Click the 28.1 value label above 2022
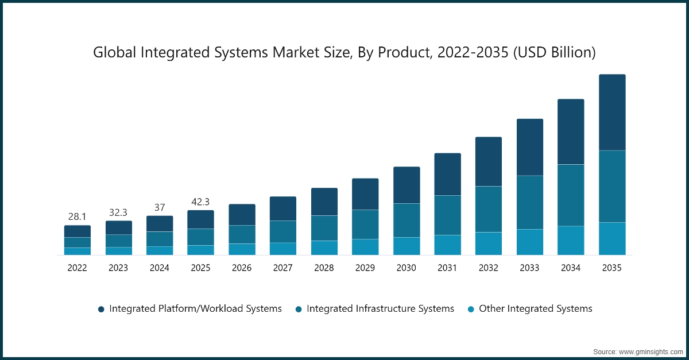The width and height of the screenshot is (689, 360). point(77,216)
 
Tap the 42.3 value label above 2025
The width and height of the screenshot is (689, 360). point(200,202)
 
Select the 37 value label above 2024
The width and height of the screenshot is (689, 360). point(160,207)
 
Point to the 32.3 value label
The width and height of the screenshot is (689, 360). point(118,212)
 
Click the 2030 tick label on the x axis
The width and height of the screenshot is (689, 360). point(407,268)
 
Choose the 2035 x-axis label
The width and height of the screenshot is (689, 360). point(612,268)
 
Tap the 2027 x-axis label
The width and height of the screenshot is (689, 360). point(283,268)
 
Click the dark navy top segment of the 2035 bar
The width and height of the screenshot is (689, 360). point(612,113)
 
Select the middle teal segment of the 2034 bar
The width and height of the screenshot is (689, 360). point(571,195)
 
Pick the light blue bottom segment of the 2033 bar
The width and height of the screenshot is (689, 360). point(530,242)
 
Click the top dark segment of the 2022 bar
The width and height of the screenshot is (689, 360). point(77,231)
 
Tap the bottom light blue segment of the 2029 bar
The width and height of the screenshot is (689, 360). point(365,247)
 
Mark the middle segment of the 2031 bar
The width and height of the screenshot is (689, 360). point(447,215)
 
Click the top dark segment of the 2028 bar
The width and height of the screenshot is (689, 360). point(324,202)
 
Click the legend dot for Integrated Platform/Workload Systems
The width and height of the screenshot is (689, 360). point(101,309)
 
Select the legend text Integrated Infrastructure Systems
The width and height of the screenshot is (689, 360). point(380,308)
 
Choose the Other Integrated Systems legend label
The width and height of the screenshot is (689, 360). point(535,308)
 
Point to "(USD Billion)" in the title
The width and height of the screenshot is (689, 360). point(555,53)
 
